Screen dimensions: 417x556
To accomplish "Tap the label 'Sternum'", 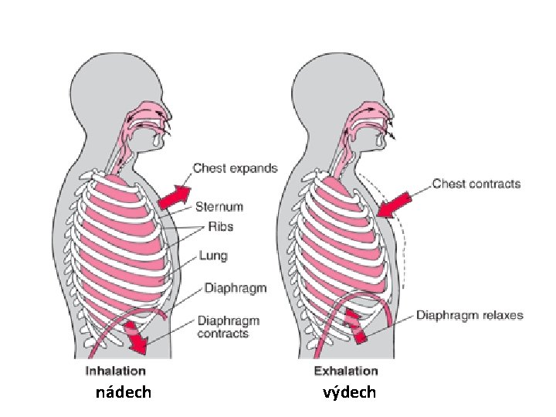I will (219, 207).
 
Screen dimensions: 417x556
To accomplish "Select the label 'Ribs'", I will (219, 227).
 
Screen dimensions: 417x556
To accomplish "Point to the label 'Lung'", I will (212, 255).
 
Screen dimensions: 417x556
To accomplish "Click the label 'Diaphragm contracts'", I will (229, 327).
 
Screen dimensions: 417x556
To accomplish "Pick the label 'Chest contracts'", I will (476, 184).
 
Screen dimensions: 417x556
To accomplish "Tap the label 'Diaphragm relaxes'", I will (470, 315).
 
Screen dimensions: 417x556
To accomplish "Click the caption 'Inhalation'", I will (115, 371).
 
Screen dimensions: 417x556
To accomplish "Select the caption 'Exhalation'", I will (346, 371).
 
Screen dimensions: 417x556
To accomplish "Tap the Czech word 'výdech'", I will (350, 392).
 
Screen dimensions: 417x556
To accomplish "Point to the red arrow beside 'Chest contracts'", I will (395, 204).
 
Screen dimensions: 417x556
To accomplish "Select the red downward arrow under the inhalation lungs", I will (138, 336).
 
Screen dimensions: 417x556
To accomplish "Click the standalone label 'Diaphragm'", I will (235, 288).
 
